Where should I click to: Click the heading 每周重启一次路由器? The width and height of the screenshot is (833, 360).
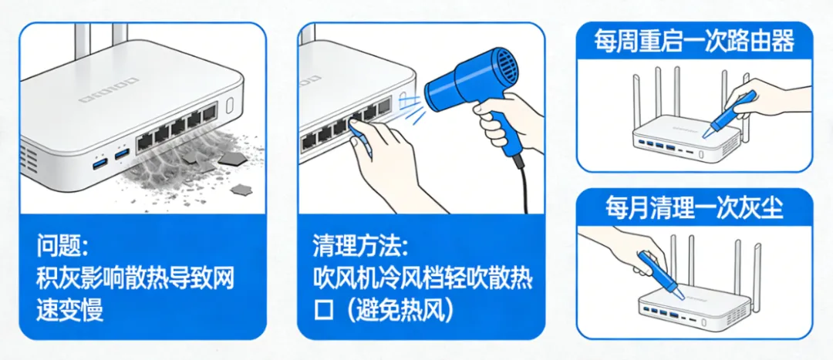(x=695, y=40)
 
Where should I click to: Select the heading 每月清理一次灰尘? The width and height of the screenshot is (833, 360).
(x=695, y=207)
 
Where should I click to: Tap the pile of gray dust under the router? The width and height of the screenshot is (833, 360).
(x=191, y=166)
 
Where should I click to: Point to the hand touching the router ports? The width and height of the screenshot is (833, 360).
(x=383, y=160)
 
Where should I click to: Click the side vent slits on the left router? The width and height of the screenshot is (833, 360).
(x=28, y=160)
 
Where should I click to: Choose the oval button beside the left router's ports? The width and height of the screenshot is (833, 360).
(x=230, y=105)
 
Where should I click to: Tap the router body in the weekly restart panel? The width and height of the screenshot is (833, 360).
(x=686, y=141)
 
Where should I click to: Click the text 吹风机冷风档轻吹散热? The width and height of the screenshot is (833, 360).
(x=422, y=278)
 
